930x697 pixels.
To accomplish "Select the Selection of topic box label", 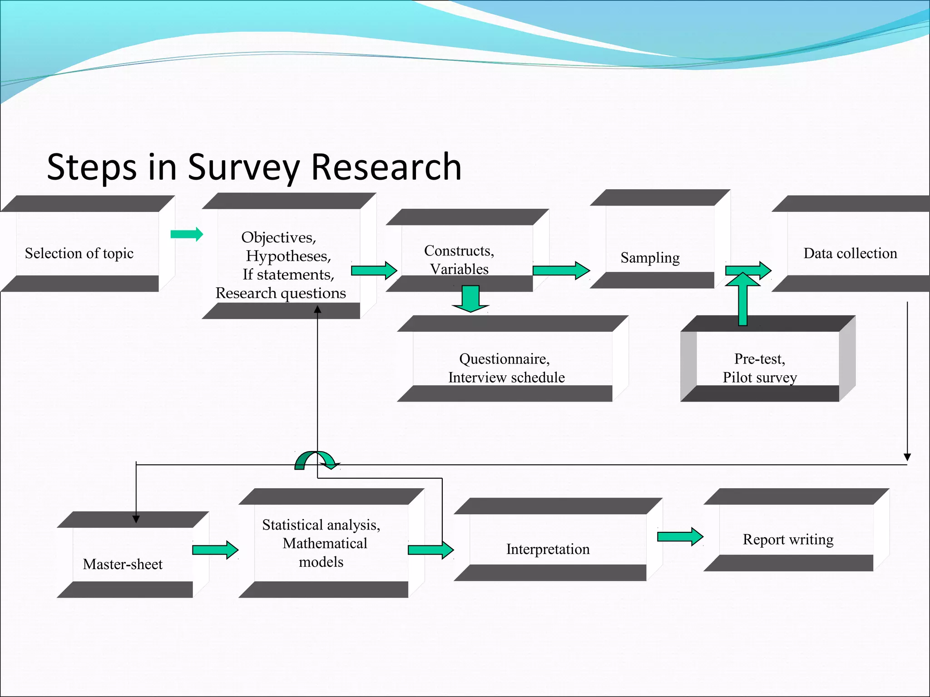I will tap(79, 253).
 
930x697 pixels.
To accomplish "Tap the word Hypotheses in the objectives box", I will tap(288, 256).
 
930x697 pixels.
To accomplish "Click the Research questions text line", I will tap(281, 293).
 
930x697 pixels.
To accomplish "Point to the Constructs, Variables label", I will tap(459, 260).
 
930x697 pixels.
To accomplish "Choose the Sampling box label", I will tap(650, 258).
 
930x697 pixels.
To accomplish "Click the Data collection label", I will tap(850, 253).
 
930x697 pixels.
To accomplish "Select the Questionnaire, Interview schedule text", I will tap(506, 368).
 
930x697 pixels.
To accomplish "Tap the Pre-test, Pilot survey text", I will tap(760, 368).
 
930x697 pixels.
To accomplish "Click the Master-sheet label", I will tap(123, 564).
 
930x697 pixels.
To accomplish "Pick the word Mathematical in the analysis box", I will tap(325, 543).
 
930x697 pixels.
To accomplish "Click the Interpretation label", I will tap(548, 549).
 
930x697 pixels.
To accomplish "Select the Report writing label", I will tap(788, 540).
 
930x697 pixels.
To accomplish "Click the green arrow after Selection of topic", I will tap(187, 234).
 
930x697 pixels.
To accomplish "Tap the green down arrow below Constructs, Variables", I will tap(470, 299).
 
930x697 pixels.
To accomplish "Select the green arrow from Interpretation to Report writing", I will tap(680, 537).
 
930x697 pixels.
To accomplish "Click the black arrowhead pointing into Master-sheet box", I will tap(136, 519).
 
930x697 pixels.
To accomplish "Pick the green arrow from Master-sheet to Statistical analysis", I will tap(215, 550).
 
